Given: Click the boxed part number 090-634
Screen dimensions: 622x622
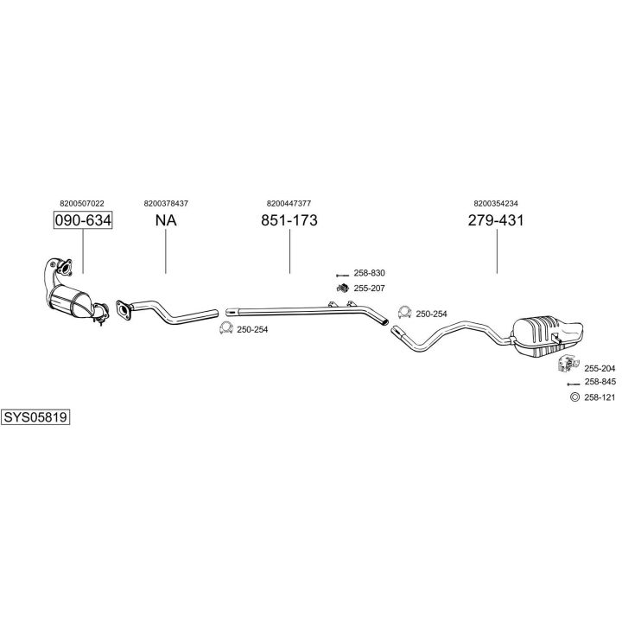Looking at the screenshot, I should click(x=83, y=220).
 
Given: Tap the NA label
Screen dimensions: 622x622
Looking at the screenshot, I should click(x=165, y=220).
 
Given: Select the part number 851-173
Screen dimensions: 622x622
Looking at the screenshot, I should click(x=289, y=220).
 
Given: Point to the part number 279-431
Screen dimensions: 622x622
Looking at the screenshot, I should click(x=496, y=220).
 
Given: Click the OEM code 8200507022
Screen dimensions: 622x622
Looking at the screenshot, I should click(x=83, y=203).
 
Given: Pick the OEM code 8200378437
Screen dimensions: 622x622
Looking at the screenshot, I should click(x=165, y=203).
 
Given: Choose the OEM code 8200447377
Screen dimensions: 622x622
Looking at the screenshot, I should click(x=289, y=203).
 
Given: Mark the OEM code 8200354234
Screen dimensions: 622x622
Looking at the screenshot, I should click(x=496, y=203).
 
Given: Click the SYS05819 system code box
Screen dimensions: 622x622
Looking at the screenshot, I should click(x=35, y=416).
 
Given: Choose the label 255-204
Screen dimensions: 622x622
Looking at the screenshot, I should click(x=600, y=368).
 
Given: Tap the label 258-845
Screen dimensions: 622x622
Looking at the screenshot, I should click(x=600, y=382).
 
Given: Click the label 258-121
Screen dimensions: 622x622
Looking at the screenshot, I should click(x=600, y=397).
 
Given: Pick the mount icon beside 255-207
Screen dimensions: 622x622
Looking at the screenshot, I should click(x=341, y=287).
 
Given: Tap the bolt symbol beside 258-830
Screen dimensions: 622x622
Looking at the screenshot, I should click(x=340, y=273).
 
